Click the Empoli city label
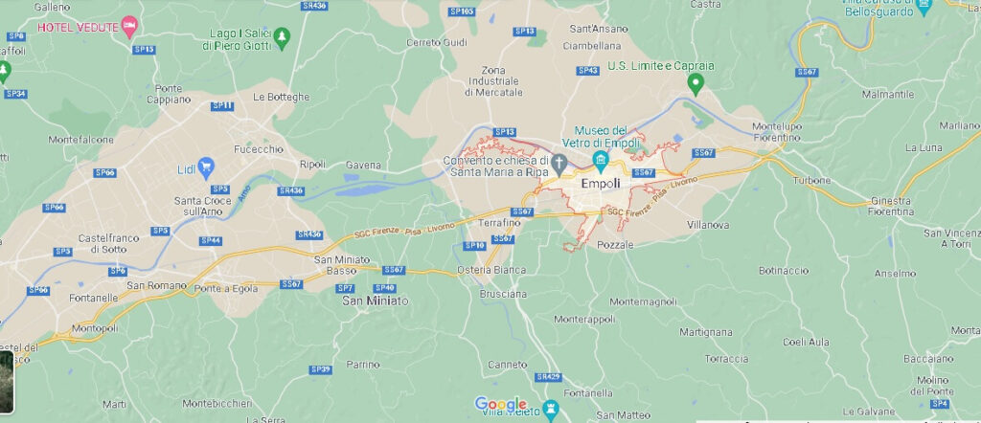click(x=601, y=184)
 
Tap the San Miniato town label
click(x=376, y=301)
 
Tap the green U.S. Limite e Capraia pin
click(x=698, y=84)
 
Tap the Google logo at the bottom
click(x=501, y=404)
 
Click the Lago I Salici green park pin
click(x=282, y=37)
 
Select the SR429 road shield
click(x=548, y=376)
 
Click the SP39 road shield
click(x=320, y=368)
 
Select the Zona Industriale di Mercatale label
click(x=494, y=81)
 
